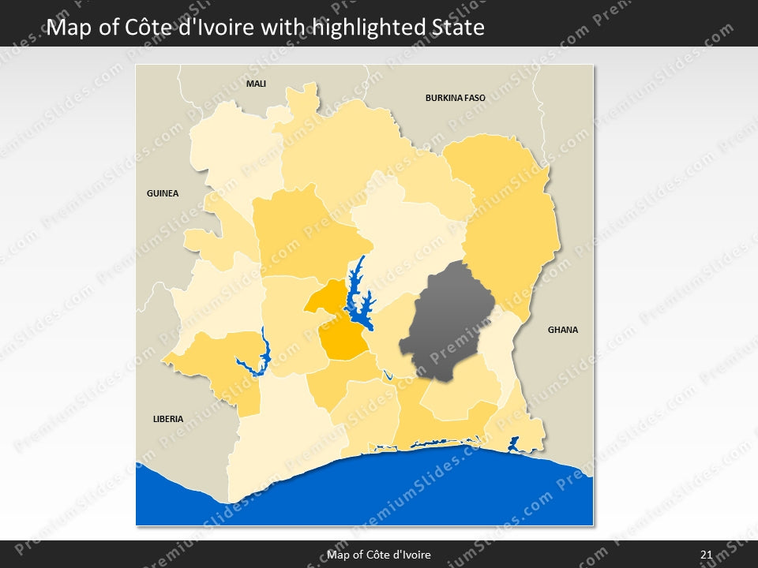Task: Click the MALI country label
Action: (x=256, y=83)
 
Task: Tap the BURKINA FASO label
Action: (x=455, y=99)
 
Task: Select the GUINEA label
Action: (x=163, y=193)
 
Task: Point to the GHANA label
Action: (x=563, y=330)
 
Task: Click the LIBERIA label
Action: (x=168, y=419)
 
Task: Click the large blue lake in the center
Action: (x=358, y=300)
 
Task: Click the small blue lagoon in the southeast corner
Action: (x=513, y=444)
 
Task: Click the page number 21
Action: (x=706, y=555)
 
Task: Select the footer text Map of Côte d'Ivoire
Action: (x=379, y=555)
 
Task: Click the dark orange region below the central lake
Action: (x=343, y=342)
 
